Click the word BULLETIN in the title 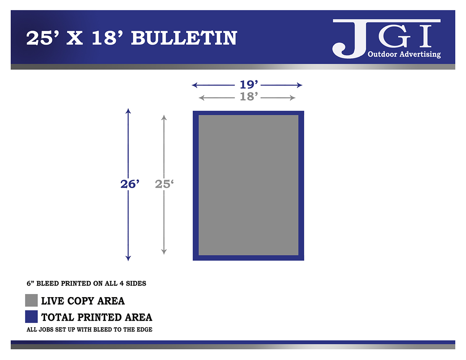(184, 38)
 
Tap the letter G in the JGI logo (394, 36)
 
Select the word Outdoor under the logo (382, 54)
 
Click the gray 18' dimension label (248, 96)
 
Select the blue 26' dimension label (130, 184)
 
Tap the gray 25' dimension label (164, 184)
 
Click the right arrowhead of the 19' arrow (300, 85)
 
